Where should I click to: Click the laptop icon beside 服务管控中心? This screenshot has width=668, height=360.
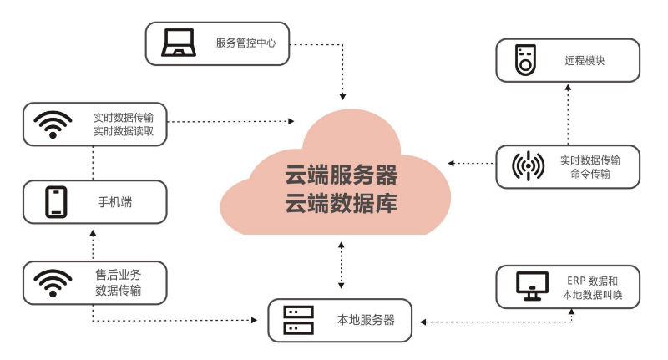click(178, 43)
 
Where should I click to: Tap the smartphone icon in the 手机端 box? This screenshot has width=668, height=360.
click(56, 202)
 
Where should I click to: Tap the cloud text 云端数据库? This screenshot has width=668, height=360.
click(341, 202)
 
